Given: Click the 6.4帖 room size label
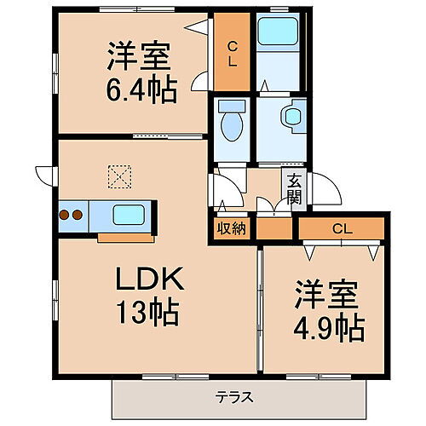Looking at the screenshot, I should click(x=142, y=89).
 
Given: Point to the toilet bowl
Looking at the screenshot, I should click(x=230, y=124).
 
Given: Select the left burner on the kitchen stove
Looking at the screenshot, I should click(x=66, y=215).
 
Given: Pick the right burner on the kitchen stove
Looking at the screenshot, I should click(x=79, y=215).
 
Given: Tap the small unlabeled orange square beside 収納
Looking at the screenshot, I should click(x=273, y=228).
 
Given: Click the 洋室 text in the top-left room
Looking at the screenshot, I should click(x=141, y=58).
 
